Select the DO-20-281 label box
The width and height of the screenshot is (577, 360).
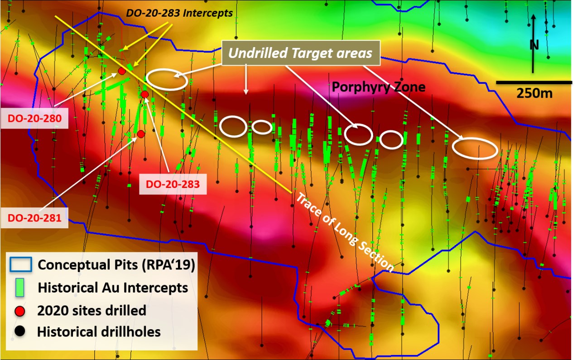point(34,218)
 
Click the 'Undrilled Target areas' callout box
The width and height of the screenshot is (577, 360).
point(300,53)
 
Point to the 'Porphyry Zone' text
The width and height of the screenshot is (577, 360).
point(379,86)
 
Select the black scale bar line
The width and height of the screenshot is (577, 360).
point(534,82)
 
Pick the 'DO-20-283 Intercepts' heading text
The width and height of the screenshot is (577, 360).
point(179,13)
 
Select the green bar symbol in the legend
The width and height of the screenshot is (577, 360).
point(19,288)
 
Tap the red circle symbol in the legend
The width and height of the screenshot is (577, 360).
point(19,311)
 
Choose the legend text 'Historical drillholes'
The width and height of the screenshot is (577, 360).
point(99,332)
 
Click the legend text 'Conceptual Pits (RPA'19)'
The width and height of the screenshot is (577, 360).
point(116,264)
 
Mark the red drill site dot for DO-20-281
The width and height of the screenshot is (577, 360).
point(141,134)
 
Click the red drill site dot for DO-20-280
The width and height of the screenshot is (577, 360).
point(121,71)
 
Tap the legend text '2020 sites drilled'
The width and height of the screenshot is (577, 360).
point(92,311)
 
